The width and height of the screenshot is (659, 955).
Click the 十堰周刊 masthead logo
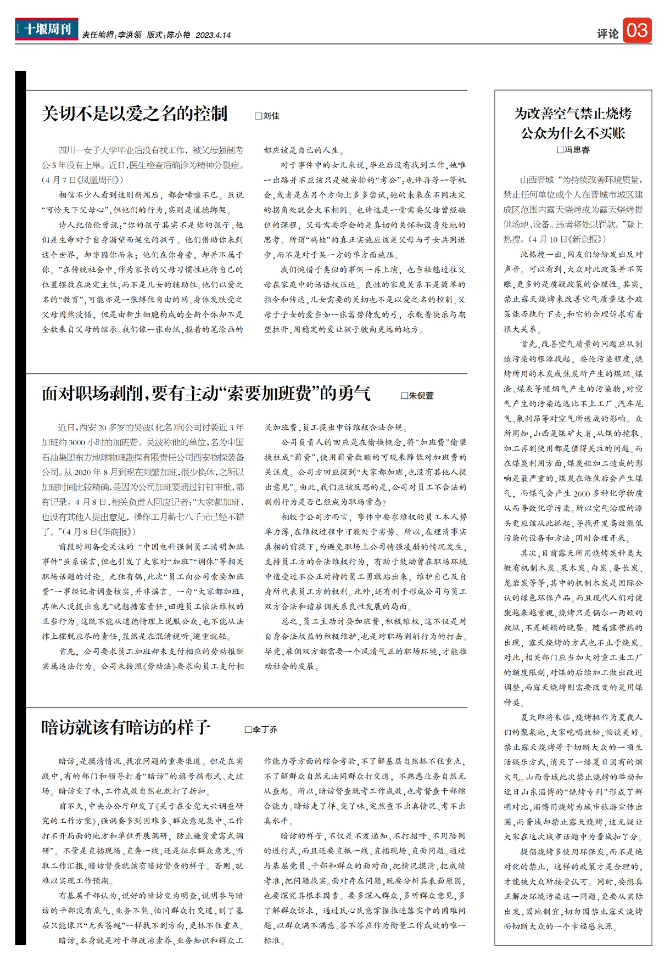47,29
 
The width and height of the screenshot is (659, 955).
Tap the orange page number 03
637,30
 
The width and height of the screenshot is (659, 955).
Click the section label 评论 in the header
607,33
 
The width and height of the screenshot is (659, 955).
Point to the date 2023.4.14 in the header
213,35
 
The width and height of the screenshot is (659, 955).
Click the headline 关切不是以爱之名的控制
135,114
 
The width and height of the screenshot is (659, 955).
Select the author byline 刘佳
271,116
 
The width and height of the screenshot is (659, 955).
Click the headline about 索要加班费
206,393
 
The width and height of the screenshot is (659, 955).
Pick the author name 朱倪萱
421,395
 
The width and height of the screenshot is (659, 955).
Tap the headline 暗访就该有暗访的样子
126,727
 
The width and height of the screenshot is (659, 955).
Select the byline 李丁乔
265,729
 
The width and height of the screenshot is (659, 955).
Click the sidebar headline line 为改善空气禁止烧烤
573,114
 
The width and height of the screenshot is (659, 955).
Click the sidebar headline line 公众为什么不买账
573,133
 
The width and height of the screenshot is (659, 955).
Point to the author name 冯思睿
577,149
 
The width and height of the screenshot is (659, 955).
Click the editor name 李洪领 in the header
130,35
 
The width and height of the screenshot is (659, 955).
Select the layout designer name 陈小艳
178,35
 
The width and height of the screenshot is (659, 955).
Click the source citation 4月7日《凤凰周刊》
82,180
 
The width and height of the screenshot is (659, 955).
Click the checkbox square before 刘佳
259,116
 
